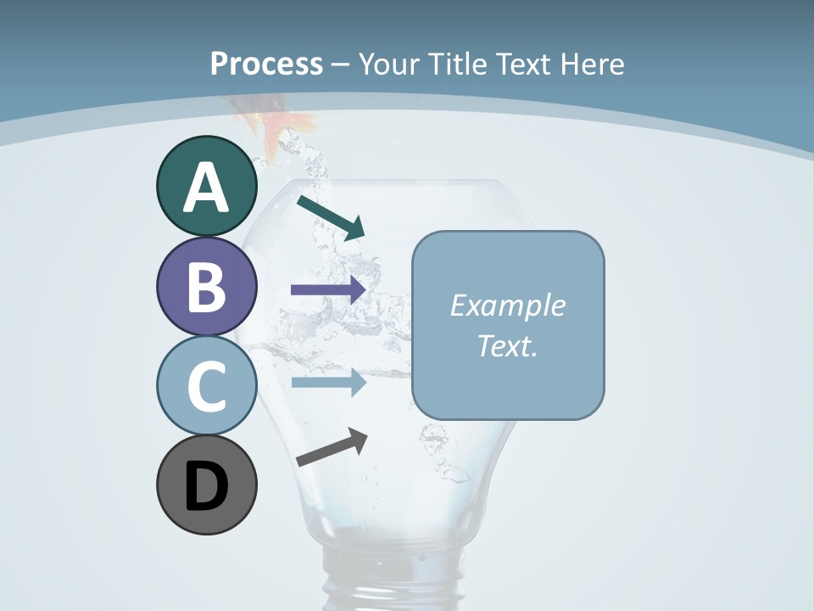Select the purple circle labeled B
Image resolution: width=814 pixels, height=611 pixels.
(x=206, y=286)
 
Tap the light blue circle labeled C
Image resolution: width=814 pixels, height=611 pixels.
(x=206, y=386)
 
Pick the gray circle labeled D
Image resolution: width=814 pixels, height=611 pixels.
(x=206, y=485)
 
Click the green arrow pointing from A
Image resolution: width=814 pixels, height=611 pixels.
(x=331, y=216)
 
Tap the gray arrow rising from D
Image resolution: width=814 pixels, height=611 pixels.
(x=332, y=447)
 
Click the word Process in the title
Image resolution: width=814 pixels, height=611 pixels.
(x=266, y=64)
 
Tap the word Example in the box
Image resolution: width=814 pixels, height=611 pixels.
(x=507, y=305)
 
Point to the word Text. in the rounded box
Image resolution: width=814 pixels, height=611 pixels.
(x=507, y=345)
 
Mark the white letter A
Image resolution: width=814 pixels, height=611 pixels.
(x=206, y=188)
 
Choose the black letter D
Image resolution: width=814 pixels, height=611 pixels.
(x=206, y=487)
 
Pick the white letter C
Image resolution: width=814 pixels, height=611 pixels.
(x=206, y=387)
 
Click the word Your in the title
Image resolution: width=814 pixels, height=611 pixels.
(x=390, y=64)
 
